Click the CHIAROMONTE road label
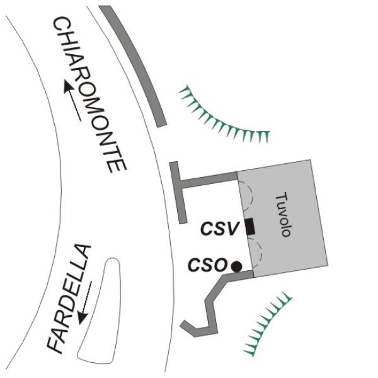click(x=89, y=94)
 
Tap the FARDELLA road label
click(x=69, y=299)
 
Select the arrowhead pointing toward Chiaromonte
click(x=68, y=87)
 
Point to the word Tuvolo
click(x=284, y=214)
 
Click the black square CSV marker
click(x=250, y=226)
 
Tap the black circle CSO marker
click(x=236, y=266)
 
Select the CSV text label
click(x=220, y=228)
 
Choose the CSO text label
click(x=208, y=265)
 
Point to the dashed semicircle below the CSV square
click(x=261, y=252)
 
